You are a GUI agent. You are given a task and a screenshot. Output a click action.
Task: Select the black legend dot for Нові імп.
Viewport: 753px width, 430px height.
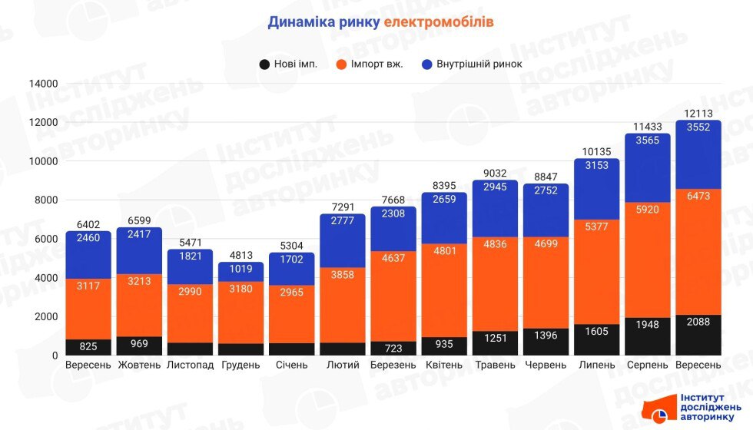[x=264, y=64]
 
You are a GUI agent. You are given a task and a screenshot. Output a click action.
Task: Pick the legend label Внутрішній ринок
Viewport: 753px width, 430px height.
[x=479, y=64]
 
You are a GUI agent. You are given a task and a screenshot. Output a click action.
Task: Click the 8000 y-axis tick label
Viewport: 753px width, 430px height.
[x=45, y=200]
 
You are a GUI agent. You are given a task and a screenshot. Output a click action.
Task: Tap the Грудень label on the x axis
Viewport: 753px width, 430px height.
[x=240, y=365]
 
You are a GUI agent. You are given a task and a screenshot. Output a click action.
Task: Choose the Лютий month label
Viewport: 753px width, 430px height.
[x=342, y=365]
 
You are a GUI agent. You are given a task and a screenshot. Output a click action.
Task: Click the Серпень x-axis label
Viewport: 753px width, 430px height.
[x=647, y=365]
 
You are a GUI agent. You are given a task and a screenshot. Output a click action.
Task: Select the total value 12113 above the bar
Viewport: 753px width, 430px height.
[x=698, y=114]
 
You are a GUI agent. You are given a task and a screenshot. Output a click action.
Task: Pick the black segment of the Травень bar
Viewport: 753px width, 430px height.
[x=495, y=344]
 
